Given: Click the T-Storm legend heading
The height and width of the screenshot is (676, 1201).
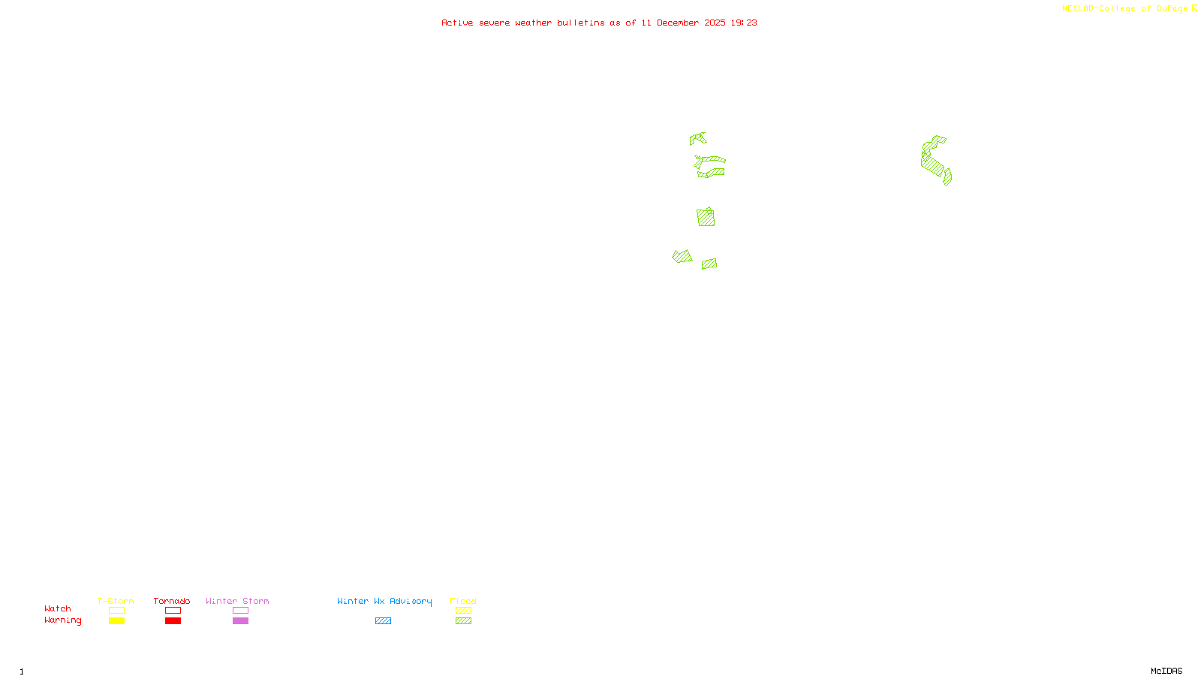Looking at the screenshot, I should [116, 601].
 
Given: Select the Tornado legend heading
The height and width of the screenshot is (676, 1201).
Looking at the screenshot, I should [172, 601].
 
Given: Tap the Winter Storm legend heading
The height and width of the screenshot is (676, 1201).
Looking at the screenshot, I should [237, 601].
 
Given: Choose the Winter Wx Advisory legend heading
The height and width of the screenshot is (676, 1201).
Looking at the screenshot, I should [384, 601].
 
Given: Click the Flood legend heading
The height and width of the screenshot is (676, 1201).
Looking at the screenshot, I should [463, 601].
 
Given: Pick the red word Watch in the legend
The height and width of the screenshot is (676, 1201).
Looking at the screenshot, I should [58, 608].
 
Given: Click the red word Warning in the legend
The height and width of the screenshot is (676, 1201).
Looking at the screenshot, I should [63, 620].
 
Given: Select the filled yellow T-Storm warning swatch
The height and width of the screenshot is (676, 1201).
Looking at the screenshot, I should [116, 621].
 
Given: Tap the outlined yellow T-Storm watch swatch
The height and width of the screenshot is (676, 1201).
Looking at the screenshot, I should [116, 611].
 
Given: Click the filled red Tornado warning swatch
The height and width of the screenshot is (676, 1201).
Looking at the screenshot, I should [173, 621].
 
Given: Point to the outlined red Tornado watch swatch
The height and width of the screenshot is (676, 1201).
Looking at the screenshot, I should [173, 611].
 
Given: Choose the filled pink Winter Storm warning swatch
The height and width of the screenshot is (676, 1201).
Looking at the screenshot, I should [240, 621].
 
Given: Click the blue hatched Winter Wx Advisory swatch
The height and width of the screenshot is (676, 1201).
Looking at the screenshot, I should [383, 621].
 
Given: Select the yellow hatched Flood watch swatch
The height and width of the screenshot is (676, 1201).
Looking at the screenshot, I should [463, 611].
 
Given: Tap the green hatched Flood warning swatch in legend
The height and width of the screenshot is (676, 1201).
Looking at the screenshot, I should [463, 621].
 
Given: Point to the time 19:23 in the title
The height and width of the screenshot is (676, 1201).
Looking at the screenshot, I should [744, 23].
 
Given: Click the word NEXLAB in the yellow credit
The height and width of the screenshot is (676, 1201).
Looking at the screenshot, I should [1078, 8].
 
